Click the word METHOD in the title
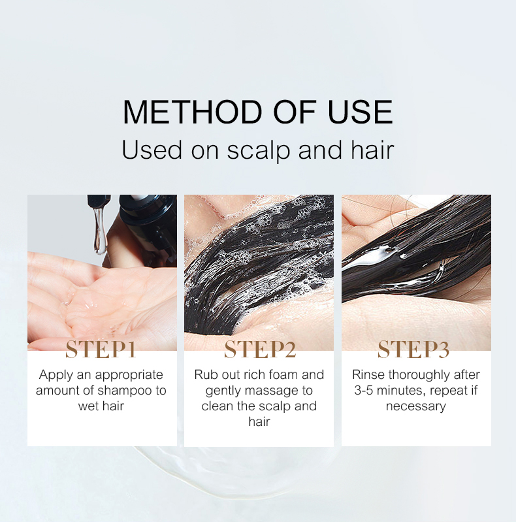coord(193,112)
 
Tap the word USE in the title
coord(360,112)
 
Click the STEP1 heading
coord(101,350)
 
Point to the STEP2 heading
coord(260,350)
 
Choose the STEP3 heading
coord(413,350)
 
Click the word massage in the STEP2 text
coord(272,391)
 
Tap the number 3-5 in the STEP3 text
coord(364,390)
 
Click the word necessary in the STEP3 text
coord(416,406)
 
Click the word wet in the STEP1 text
coord(88,406)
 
